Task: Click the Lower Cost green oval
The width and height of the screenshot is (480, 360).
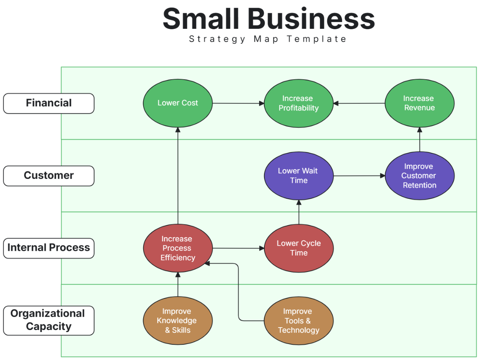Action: (178, 103)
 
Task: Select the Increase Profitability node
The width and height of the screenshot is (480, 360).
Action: (298, 103)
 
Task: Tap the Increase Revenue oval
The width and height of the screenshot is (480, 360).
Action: (419, 103)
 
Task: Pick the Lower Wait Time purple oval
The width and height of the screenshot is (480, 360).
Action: (298, 176)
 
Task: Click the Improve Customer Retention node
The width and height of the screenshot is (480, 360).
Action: (419, 176)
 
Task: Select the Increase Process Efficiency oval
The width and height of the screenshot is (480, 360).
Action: (178, 248)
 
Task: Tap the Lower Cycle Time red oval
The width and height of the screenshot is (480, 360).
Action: (298, 248)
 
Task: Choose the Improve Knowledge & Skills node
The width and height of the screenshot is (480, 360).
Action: (178, 321)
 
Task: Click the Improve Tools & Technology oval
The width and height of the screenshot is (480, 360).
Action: (298, 321)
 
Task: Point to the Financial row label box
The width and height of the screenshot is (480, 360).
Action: (49, 103)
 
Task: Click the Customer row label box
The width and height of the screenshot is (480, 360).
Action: (49, 176)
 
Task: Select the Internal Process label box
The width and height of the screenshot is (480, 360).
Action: (49, 248)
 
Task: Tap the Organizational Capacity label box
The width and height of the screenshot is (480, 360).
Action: (49, 320)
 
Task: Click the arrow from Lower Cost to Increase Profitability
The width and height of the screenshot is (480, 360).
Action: (238, 103)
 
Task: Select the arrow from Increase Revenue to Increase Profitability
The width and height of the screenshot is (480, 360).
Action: (359, 103)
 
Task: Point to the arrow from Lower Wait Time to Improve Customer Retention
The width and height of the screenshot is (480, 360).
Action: (359, 176)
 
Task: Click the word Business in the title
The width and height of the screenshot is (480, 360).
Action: (311, 19)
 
